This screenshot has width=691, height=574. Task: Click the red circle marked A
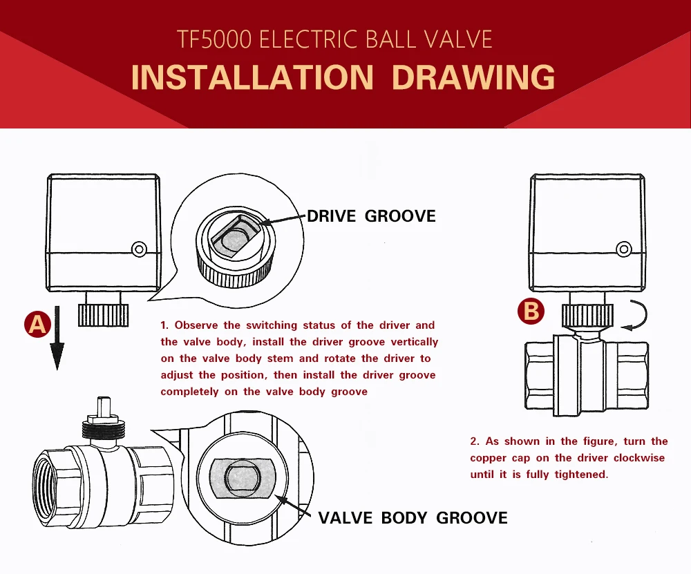tap(37, 324)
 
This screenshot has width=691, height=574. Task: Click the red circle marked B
tap(531, 312)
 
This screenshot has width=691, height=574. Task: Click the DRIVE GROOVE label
tap(371, 216)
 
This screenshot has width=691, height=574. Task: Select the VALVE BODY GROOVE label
tap(413, 517)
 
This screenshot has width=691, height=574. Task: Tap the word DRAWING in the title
tap(473, 77)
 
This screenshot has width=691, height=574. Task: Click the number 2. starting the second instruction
tap(474, 441)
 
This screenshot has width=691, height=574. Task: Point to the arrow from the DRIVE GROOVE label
tap(283, 220)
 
